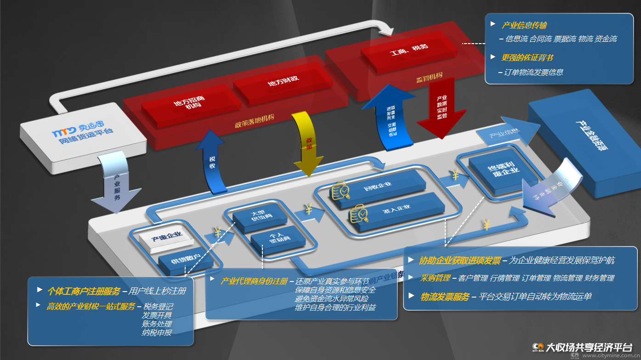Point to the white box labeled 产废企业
point(167,237)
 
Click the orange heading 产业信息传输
point(524,25)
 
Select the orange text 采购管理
point(435,278)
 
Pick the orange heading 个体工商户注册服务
point(84,291)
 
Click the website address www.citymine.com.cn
point(607,355)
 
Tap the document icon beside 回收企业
point(340,190)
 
